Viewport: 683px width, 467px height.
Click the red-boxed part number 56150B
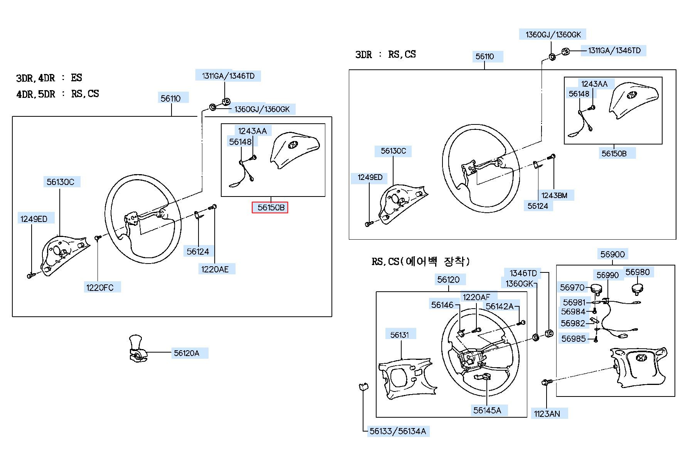point(271,208)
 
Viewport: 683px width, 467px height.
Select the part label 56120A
point(187,353)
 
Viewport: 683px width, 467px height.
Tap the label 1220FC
point(100,287)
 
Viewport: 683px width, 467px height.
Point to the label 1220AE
point(215,269)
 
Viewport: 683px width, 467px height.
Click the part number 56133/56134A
point(398,431)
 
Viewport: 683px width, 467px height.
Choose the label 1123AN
point(547,414)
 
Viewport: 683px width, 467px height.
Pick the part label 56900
point(612,254)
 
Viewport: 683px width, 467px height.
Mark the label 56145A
point(487,410)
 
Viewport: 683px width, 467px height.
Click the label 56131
point(400,335)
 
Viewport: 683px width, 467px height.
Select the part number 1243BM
point(554,195)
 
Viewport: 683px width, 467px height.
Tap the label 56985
point(574,339)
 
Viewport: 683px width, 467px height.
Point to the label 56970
point(572,287)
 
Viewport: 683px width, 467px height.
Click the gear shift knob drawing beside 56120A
point(137,348)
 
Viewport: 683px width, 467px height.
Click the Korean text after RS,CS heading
point(436,262)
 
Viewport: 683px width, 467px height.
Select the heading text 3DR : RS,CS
point(385,54)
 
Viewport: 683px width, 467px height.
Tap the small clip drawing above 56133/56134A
point(363,386)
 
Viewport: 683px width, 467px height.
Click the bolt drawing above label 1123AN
point(547,382)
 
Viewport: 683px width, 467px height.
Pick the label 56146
point(442,305)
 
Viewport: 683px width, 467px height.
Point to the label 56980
point(637,272)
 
